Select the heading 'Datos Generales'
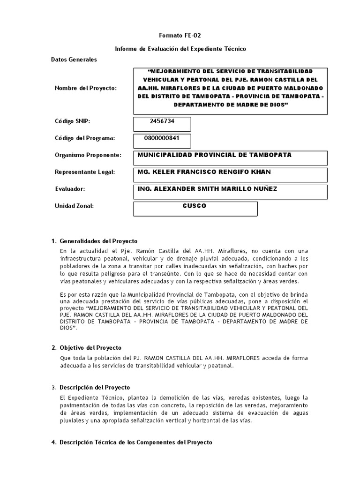point(74,60)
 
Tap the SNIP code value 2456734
point(162,121)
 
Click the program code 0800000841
point(162,138)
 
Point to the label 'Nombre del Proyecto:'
point(86,88)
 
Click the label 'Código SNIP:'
point(72,121)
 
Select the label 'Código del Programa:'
point(85,138)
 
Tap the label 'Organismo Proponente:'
point(88,155)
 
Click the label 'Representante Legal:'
point(85,172)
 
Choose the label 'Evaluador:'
point(70,189)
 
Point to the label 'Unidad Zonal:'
point(75,206)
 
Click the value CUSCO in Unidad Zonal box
point(195,206)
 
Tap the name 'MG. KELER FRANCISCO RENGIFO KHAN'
point(204,172)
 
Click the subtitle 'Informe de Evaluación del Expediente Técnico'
point(180,49)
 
